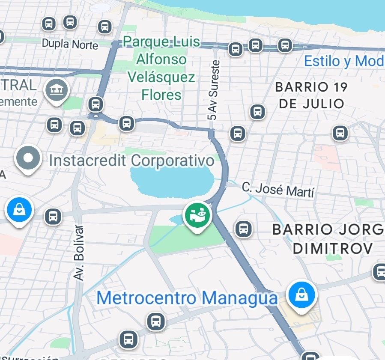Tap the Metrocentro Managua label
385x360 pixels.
click(187, 298)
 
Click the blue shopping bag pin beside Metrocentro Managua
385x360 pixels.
click(302, 295)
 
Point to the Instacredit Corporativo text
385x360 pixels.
click(131, 161)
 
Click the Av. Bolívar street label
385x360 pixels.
click(79, 253)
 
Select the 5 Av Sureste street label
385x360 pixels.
click(213, 90)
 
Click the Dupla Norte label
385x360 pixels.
click(70, 44)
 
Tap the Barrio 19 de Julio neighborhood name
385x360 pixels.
click(311, 95)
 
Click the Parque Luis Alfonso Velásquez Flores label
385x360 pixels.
click(162, 68)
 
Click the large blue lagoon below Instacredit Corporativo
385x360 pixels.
click(171, 180)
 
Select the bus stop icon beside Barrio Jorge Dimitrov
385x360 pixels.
click(243, 229)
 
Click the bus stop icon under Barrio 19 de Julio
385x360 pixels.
click(257, 112)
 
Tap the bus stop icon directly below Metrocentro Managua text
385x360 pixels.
click(156, 321)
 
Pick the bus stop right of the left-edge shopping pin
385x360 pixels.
click(53, 216)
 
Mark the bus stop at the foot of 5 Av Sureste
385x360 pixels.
click(237, 133)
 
